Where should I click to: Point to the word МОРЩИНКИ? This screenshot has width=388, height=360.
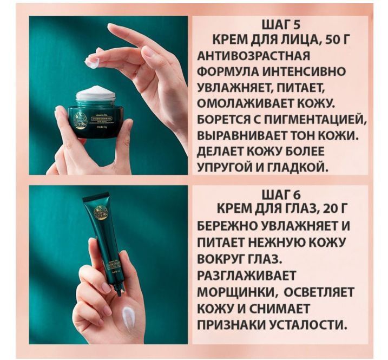pos(237,292)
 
